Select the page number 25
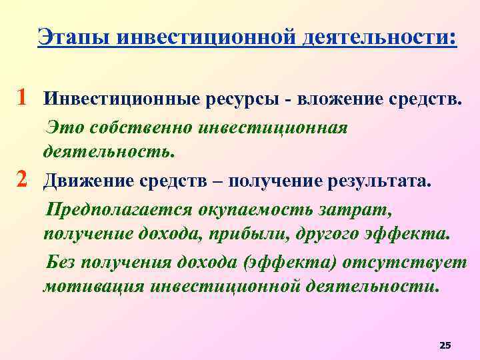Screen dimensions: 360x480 click(446, 345)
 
